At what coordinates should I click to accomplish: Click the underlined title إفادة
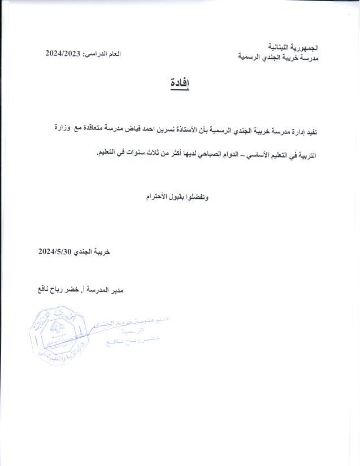(180, 84)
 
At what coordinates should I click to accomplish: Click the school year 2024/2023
(64, 54)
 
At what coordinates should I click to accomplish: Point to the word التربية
(305, 154)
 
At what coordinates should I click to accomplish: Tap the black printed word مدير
(113, 290)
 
